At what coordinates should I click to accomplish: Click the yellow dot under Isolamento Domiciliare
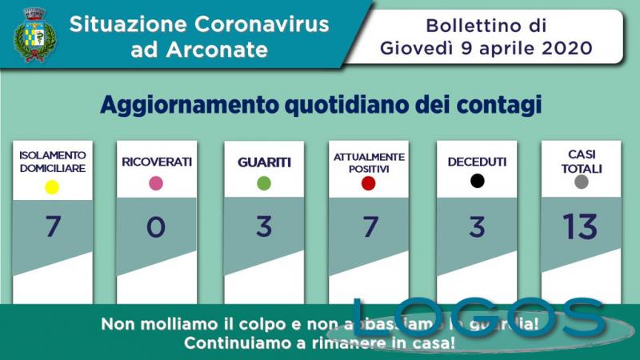(52, 188)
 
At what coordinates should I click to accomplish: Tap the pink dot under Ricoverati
(156, 183)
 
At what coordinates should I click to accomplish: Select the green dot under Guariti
(264, 183)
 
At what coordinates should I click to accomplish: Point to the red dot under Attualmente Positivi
(369, 184)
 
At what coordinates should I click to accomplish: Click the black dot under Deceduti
(477, 181)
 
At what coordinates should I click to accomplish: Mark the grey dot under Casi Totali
(582, 182)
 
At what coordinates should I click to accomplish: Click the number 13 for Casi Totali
(580, 227)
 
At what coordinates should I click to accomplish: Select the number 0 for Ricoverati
(156, 227)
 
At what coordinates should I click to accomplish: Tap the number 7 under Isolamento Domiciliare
(53, 227)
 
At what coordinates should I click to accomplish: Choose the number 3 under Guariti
(264, 227)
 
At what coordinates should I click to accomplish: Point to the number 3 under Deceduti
(477, 227)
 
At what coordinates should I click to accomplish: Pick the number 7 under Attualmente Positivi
(369, 227)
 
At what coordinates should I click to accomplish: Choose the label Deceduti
(477, 162)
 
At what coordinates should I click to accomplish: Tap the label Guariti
(264, 162)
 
